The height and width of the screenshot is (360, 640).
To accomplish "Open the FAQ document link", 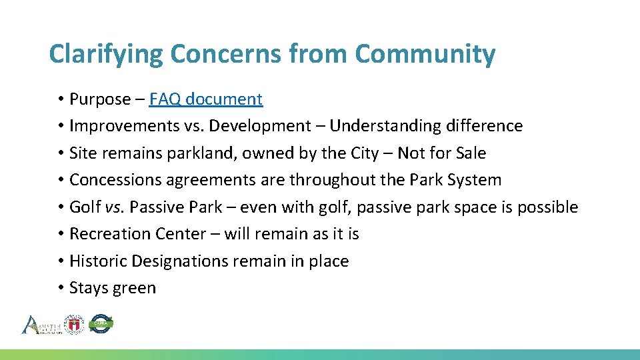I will (206, 99).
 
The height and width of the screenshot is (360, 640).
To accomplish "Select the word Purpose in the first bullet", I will (100, 99).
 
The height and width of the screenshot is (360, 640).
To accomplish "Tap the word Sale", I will (471, 153).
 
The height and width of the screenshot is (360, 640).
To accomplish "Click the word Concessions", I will (113, 180).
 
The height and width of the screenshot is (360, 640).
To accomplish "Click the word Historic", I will (98, 261).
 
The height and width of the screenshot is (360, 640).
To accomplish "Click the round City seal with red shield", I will (74, 324).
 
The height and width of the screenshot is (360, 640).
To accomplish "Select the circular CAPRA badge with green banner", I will (101, 324).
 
